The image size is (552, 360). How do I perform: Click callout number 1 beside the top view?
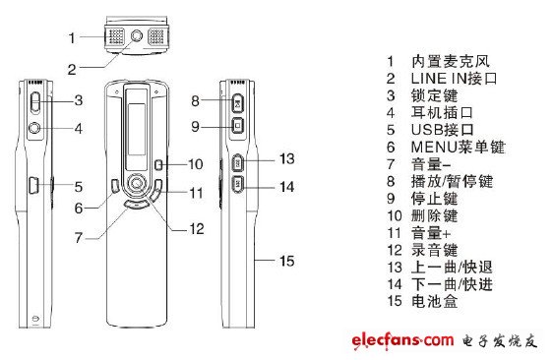coord(72,37)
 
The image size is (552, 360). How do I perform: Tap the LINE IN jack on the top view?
coord(137,35)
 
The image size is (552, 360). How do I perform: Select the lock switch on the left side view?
coord(35,102)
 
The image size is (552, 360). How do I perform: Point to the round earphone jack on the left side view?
coord(34,128)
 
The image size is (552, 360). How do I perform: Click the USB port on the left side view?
coord(33,184)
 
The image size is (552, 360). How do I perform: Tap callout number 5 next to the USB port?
coord(79,187)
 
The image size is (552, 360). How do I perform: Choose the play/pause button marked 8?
coord(238,103)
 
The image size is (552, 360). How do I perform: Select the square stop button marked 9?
coord(238,125)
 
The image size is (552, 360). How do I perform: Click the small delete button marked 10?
coord(158,164)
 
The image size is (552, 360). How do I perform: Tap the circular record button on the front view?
coord(137,183)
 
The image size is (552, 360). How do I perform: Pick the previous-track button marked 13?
coord(238,162)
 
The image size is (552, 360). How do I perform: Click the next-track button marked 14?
coord(238,183)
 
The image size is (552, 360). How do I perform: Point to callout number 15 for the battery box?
coord(287,261)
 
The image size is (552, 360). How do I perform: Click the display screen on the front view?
coord(137,129)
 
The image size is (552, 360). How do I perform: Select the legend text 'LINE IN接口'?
coord(454,79)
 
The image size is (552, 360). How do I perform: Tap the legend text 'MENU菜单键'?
coord(458,148)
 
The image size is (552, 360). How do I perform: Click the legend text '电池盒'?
coord(435,301)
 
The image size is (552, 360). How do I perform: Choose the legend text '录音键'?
coord(435,250)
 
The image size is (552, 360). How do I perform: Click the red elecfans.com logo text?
coord(402,340)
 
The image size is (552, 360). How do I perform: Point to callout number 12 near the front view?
coord(197,229)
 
